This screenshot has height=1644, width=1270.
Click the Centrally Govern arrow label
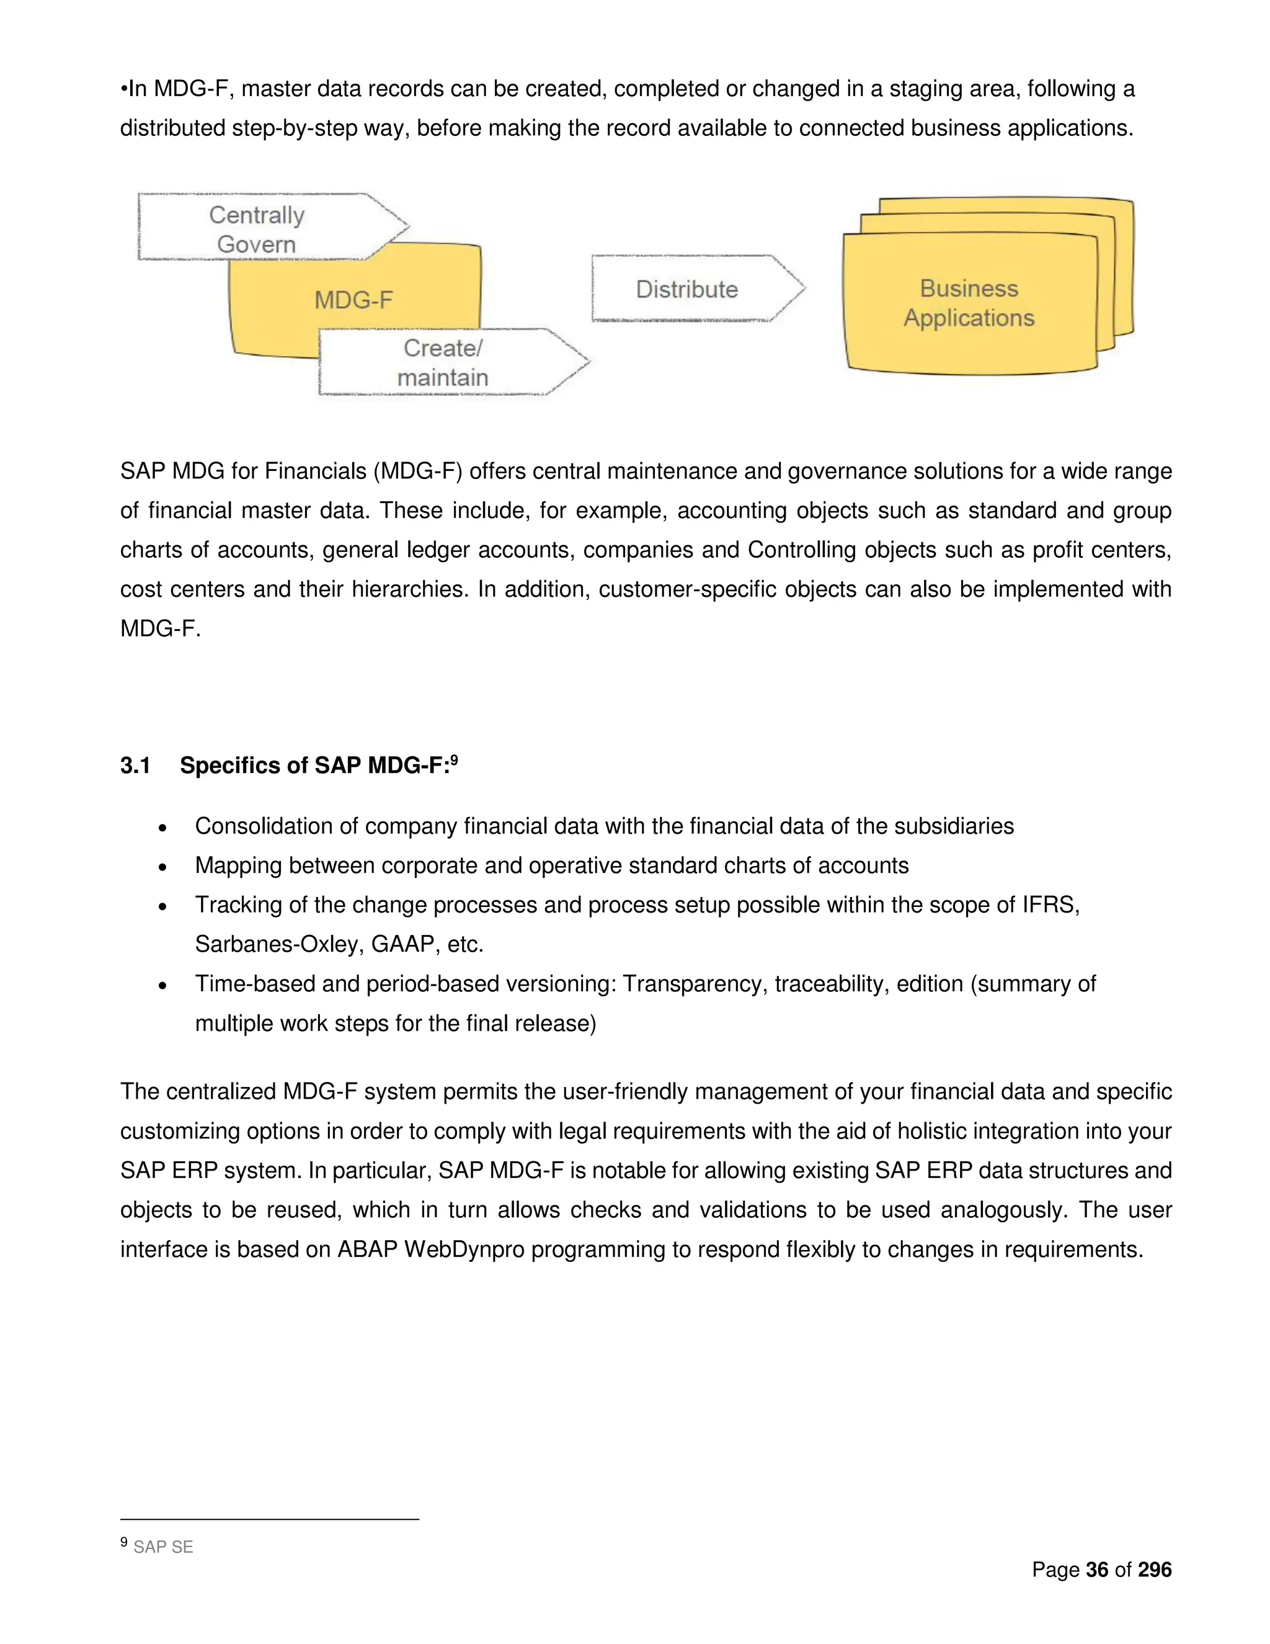257,229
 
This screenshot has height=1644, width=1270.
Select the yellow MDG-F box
353,300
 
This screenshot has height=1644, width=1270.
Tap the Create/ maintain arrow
443,362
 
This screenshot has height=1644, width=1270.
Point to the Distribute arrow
687,289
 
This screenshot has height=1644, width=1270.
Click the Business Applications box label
969,303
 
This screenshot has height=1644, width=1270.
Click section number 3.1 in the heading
135,766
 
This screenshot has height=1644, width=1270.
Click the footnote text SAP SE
163,1547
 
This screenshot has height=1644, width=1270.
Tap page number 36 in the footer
1097,1570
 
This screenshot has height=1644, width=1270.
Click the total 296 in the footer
1155,1570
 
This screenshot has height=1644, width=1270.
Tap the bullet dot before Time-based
162,985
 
